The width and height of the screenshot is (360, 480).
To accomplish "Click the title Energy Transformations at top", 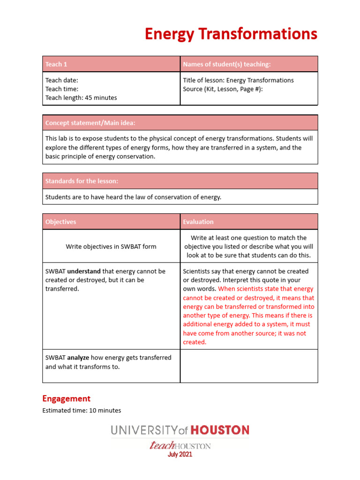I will coord(231,34).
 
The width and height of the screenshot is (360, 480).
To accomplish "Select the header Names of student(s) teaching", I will coord(226,64).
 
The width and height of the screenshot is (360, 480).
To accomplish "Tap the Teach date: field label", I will coord(61,80).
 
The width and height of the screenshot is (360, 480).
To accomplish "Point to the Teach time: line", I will coord(61,89).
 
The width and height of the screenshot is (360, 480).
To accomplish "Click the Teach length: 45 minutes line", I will coord(81,98).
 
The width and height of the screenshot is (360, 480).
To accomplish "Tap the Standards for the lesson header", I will coord(82,181).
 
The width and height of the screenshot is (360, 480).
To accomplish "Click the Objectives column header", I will coord(60,222).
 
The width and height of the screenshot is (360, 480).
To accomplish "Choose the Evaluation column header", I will coord(198,222).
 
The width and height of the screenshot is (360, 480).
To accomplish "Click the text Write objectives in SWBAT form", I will coord(111,247).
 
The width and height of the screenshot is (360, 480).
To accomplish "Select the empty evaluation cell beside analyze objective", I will coord(248,366).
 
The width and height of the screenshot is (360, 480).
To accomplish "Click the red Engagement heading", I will coord(66,398).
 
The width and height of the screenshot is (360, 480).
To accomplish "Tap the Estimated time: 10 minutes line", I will coord(82,411).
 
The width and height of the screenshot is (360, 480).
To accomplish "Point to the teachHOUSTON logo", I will coord(180,445).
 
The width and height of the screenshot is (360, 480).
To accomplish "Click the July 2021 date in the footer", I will coord(180,455).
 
